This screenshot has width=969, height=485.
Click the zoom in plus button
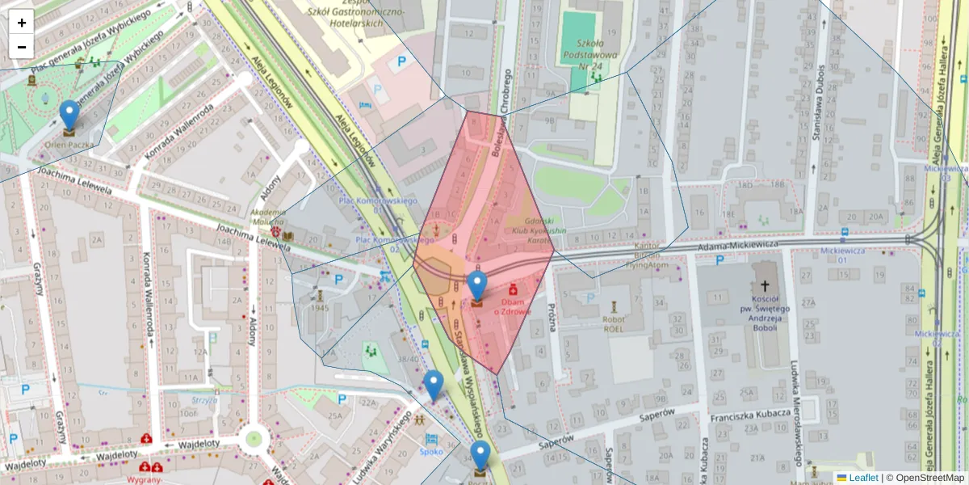(22, 22)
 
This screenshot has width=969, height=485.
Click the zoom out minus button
(22, 46)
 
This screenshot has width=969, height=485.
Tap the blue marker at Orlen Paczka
(69, 116)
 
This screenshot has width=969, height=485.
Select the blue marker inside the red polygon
(477, 287)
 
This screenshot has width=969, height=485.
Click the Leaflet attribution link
(862, 478)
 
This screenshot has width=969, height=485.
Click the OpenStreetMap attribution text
(925, 478)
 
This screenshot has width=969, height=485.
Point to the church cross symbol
(765, 286)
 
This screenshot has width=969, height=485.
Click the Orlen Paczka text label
(69, 145)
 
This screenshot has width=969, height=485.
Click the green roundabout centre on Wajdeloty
(254, 439)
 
